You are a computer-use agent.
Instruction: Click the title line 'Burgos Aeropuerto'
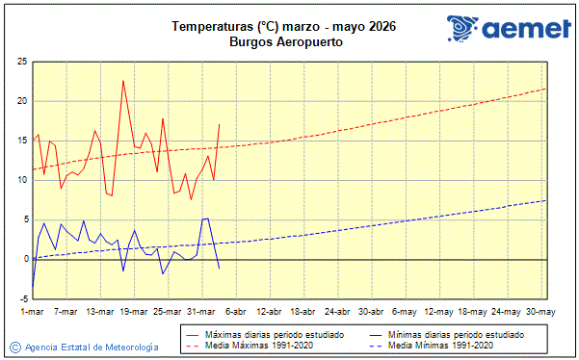287,42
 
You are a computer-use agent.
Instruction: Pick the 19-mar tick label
133,311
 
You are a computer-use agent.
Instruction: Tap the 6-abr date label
234,311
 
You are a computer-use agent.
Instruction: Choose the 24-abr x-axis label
336,311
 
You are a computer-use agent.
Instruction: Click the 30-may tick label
540,311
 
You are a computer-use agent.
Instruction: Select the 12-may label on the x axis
438,311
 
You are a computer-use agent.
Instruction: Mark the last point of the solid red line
220,124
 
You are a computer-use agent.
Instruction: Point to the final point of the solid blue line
220,268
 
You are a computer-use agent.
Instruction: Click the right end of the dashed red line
545,89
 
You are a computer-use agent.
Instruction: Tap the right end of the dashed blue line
545,200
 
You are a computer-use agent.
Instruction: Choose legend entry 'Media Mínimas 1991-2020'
444,345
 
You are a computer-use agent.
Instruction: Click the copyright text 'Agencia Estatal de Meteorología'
91,347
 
